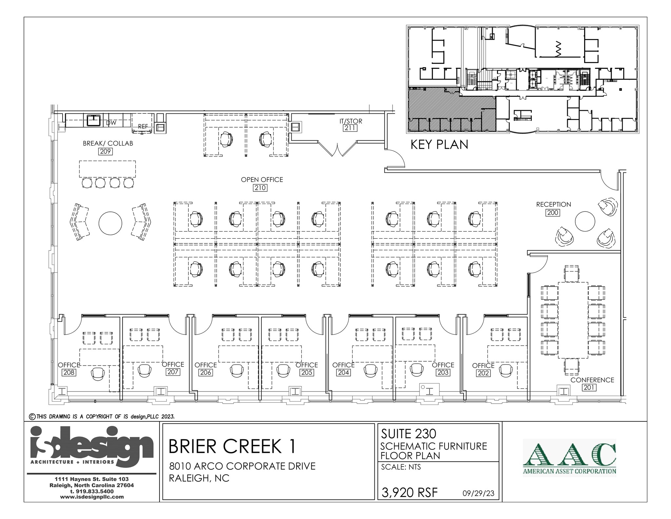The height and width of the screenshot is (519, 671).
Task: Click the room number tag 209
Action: coord(105,151)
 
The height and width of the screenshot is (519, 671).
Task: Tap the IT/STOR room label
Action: coord(351,121)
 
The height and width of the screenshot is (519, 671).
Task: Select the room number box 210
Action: coord(260,188)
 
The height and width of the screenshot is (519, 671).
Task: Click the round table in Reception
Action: coord(585,222)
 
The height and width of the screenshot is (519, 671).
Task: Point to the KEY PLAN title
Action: coord(439,145)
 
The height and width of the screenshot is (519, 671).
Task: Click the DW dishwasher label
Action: coord(111,123)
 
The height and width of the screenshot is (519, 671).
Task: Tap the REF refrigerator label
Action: coord(143,126)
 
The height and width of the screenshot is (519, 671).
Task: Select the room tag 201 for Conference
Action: coord(589,388)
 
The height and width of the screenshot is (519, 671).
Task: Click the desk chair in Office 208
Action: coord(98,373)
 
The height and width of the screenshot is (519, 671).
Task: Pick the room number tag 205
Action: coord(307,372)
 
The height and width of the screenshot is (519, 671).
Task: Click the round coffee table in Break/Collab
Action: coord(110,223)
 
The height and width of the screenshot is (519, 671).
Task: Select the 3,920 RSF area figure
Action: coord(410,492)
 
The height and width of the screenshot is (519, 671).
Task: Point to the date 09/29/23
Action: coord(478,493)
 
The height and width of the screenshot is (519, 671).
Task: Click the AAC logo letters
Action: coord(569,454)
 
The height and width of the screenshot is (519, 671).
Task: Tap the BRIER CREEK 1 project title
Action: coord(232,447)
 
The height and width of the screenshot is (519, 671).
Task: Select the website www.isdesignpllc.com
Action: coord(92,497)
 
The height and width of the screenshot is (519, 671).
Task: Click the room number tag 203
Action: coord(443,372)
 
